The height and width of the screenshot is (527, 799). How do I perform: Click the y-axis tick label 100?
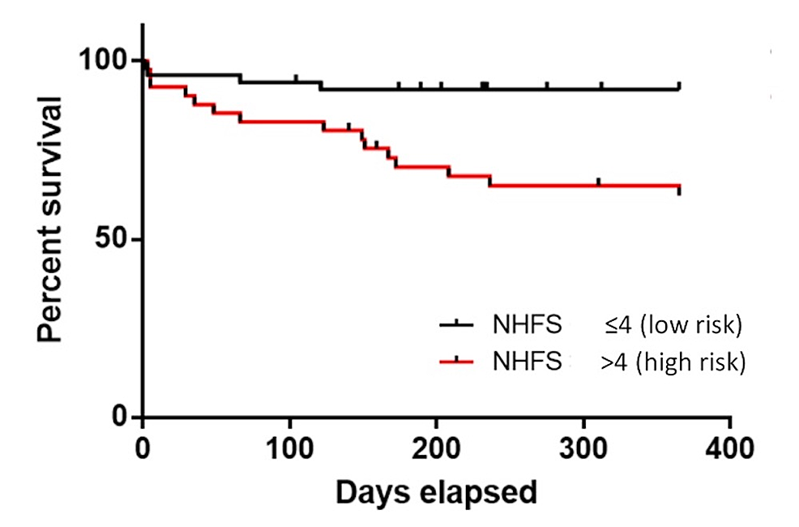pos(104,62)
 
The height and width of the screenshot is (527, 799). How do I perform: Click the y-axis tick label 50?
pos(113,240)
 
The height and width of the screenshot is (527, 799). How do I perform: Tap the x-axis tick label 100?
pos(290,448)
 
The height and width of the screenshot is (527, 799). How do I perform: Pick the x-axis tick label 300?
pos(583,448)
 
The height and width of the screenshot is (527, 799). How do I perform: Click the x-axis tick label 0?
pos(143,448)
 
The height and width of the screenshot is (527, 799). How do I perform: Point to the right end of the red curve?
pos(679,186)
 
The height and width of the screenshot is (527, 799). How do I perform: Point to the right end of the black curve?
pos(679,88)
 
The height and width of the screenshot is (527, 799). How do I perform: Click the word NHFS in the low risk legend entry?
pos(527,325)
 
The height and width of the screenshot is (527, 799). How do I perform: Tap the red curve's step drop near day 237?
pos(489,180)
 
